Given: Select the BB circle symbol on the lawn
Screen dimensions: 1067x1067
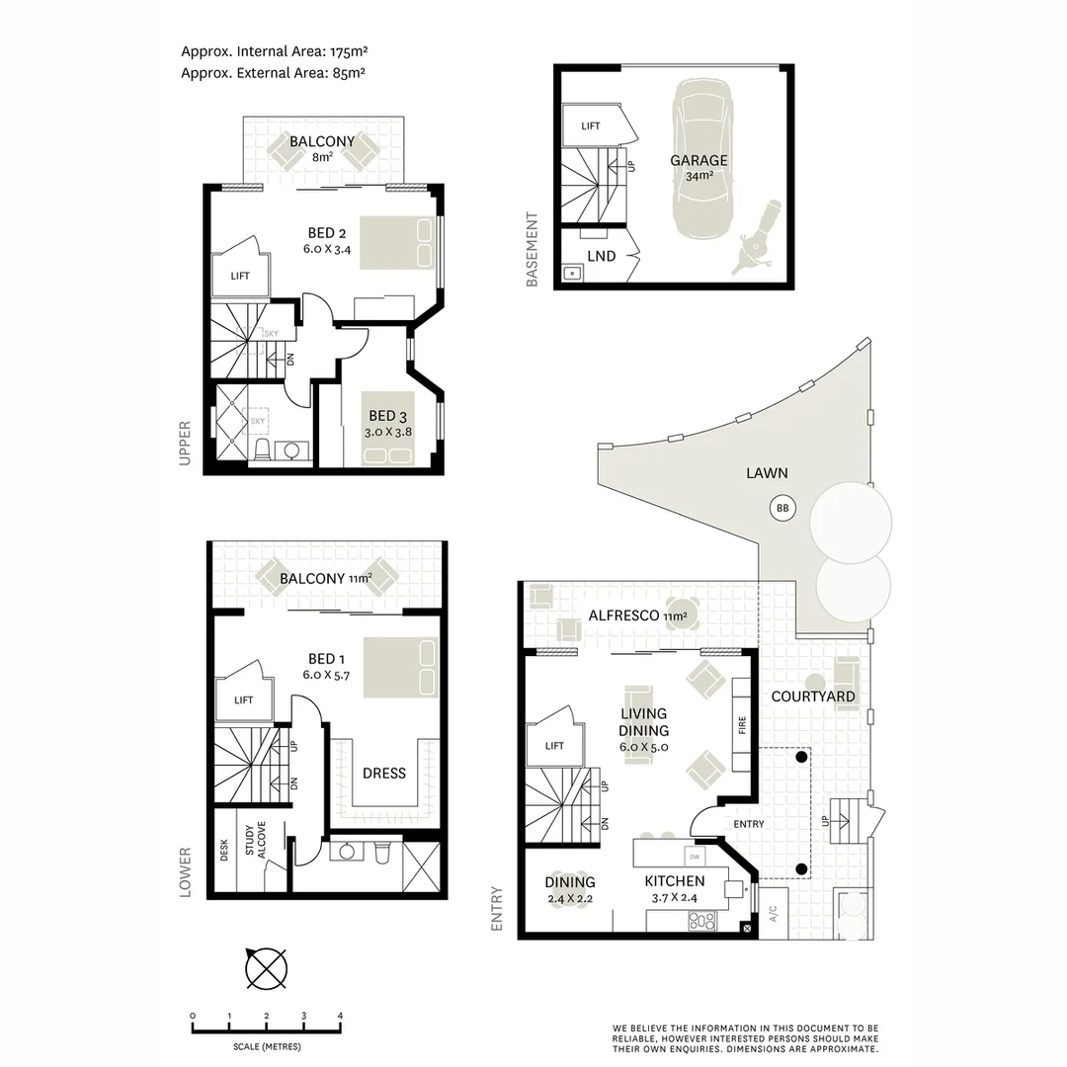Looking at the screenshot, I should pyautogui.click(x=782, y=509).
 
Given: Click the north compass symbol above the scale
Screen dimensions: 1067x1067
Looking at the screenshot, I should pyautogui.click(x=266, y=968).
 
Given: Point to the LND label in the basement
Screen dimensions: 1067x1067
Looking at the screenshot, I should pyautogui.click(x=601, y=256).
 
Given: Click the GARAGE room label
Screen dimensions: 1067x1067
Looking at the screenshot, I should pyautogui.click(x=698, y=160).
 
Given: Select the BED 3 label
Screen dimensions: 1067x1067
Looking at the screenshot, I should pyautogui.click(x=387, y=416).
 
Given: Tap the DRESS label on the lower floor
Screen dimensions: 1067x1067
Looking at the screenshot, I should pyautogui.click(x=383, y=773).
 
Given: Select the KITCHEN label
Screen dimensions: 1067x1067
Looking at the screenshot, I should pyautogui.click(x=675, y=881).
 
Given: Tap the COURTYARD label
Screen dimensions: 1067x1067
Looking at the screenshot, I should pyautogui.click(x=812, y=697).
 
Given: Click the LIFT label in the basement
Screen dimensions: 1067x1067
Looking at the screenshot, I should pyautogui.click(x=590, y=126).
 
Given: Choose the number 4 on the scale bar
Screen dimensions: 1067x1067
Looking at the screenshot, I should pyautogui.click(x=340, y=1016).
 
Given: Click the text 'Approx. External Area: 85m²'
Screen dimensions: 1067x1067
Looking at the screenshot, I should pyautogui.click(x=275, y=71).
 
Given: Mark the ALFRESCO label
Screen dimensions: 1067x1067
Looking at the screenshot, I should pyautogui.click(x=624, y=616).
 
